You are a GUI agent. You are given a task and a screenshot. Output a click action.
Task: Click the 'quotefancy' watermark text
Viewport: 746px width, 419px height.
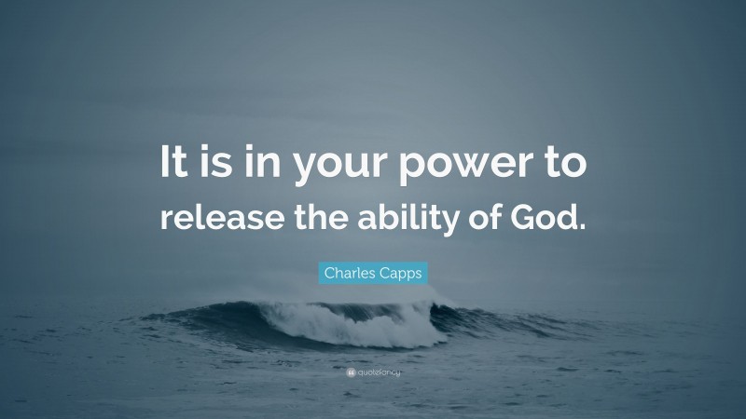coord(378,373)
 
